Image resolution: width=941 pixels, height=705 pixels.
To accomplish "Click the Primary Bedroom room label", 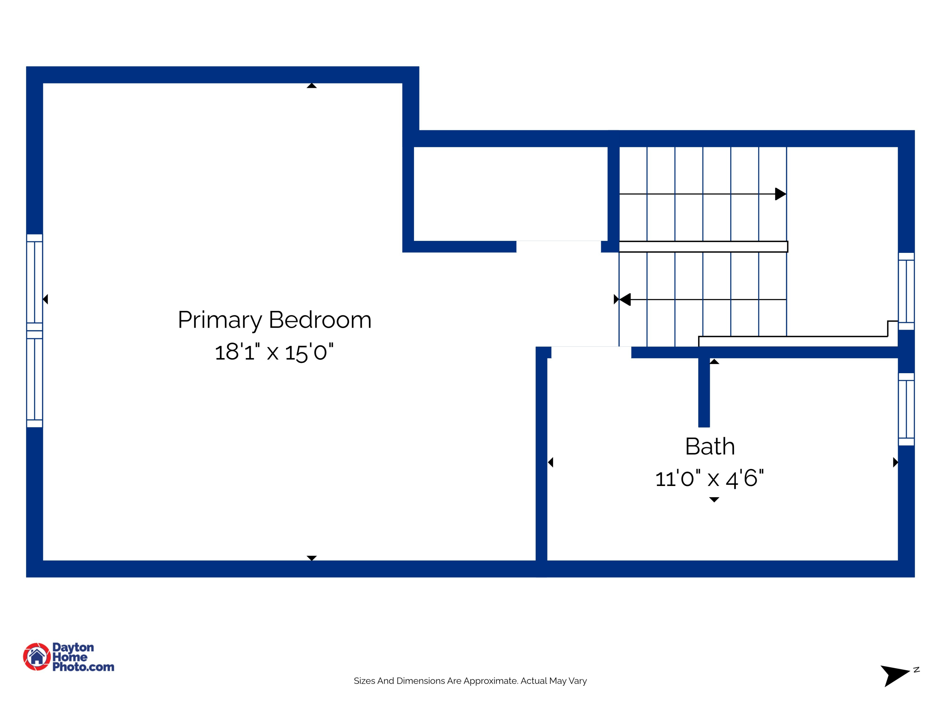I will click(274, 320).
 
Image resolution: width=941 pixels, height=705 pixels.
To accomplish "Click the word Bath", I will click(710, 446).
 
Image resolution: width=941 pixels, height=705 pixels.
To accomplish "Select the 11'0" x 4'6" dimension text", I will click(709, 478).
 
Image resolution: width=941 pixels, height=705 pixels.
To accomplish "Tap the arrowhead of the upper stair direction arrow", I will click(780, 194).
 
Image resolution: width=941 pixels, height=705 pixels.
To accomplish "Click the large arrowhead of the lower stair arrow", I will click(625, 300).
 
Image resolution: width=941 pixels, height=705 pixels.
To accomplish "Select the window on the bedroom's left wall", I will click(35, 331).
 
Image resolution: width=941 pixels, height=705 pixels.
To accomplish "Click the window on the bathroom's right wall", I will click(906, 409).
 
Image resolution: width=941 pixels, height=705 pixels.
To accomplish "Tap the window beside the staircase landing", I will click(906, 291).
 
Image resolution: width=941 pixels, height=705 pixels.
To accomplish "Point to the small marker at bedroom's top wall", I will click(311, 86).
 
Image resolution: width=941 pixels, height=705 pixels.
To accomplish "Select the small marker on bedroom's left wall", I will click(45, 299).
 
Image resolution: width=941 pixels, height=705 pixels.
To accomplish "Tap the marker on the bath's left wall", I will click(550, 462).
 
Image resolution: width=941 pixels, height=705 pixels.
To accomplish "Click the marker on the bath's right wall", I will click(895, 462).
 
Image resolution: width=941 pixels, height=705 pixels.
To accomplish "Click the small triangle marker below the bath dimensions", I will click(714, 500).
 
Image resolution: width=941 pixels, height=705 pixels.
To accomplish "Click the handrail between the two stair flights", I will click(703, 247).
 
